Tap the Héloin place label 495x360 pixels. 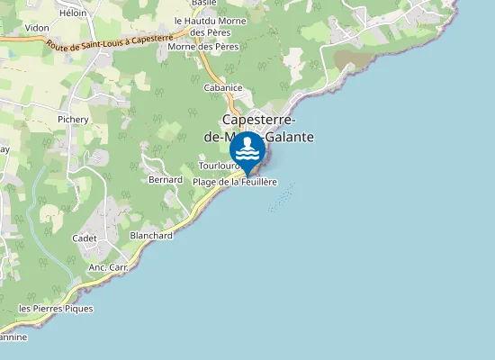point(74,13)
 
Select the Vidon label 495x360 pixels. point(37,28)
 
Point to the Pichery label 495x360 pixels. point(73,119)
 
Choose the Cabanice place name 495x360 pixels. point(223,87)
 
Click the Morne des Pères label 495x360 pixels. point(202,46)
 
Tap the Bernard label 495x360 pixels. point(166,180)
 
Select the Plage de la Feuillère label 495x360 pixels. point(235,182)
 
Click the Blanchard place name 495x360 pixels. point(151,235)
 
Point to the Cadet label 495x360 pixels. point(85,238)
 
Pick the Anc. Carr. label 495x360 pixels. point(108,268)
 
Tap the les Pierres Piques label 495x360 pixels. point(56,309)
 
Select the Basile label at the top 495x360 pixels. point(204,4)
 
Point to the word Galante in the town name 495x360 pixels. point(289,137)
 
